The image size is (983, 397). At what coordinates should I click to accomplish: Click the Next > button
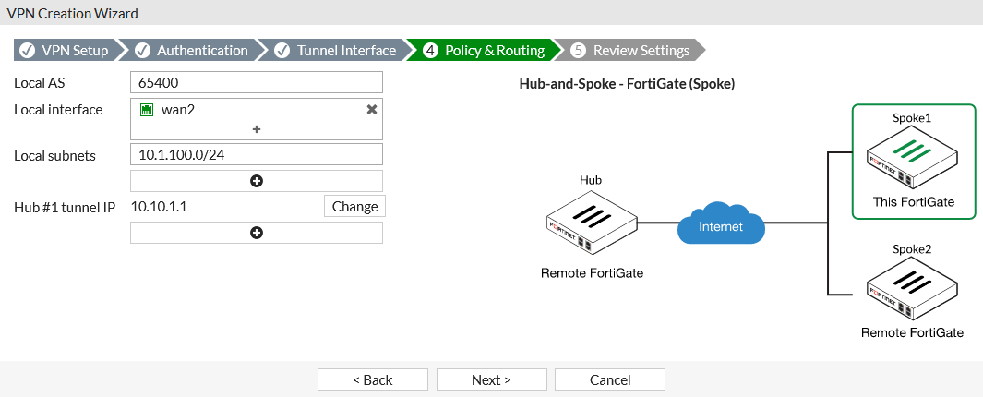491,379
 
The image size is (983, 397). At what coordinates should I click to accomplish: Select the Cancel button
610,379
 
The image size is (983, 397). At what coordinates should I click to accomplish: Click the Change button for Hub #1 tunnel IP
354,206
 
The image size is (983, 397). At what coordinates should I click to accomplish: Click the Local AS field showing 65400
257,82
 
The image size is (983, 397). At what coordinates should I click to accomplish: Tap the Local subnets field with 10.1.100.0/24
257,154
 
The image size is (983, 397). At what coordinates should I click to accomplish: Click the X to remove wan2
372,110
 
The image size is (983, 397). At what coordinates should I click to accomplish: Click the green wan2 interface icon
147,111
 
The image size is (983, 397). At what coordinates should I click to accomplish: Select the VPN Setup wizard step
64,50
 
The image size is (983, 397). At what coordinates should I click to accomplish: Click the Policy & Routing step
484,50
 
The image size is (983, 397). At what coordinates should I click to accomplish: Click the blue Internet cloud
721,223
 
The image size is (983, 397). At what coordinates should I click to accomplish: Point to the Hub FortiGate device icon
591,223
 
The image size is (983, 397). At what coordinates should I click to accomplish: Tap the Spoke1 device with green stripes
913,158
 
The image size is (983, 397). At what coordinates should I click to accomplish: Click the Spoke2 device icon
913,289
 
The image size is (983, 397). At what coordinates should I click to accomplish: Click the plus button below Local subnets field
257,181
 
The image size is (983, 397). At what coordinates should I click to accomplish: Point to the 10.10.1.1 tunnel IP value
159,206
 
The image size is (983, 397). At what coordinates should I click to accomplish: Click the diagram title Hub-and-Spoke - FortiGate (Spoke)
627,84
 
